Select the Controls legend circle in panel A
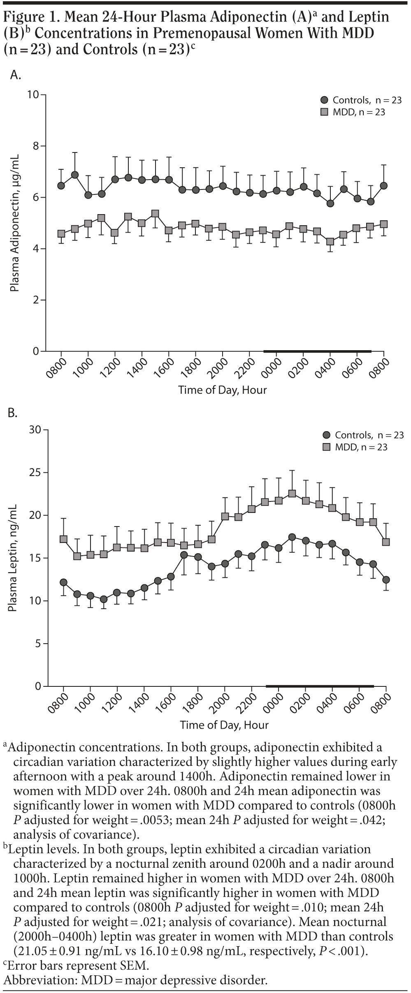pos(325,100)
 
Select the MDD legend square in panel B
pos(327,446)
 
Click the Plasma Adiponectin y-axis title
pos(14,223)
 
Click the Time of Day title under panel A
pos(222,390)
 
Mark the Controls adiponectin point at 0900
pos(75,175)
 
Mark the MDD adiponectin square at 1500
pos(155,214)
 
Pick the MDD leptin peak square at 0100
pos(292,494)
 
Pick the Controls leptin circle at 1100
pos(104,599)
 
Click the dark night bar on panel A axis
pos(317,351)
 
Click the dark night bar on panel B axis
pos(319,686)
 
